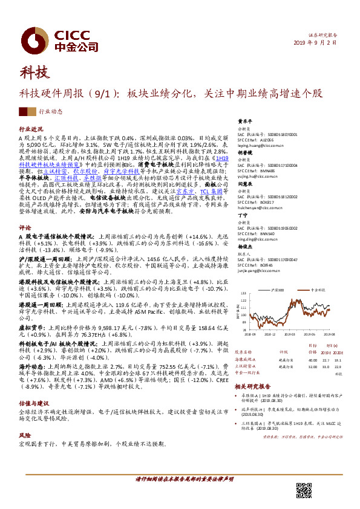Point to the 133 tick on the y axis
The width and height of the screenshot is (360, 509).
click(x=243, y=293)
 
